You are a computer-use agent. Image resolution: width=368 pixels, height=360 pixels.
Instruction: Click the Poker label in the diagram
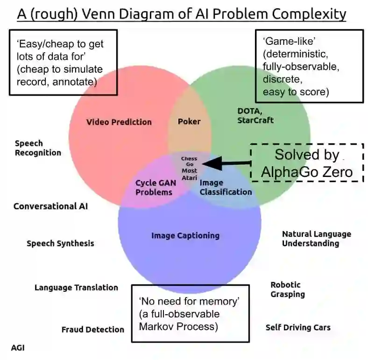pos(189,121)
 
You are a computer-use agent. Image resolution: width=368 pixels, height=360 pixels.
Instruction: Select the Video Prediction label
pos(119,122)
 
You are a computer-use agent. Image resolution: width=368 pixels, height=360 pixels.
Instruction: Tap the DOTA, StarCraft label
pos(255,115)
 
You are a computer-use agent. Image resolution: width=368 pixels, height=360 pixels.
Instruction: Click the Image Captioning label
pos(185,235)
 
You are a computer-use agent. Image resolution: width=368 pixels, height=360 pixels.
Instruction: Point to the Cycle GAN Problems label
pos(154,187)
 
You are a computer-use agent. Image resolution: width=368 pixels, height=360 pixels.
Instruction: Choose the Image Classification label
pos(226,187)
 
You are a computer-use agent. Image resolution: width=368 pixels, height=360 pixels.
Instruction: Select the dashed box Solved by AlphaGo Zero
pos(307,162)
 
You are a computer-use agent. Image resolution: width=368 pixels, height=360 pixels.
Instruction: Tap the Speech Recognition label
pos(38,148)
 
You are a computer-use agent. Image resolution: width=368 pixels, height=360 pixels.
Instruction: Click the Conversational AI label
pos(50,206)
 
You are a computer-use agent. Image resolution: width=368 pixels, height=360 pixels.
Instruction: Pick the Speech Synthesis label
pos(60,243)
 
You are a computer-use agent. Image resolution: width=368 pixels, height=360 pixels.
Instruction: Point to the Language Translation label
pos(76,288)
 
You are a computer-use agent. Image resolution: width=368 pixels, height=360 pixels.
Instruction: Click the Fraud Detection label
pos(93,330)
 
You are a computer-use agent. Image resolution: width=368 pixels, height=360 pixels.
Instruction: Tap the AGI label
pos(18,348)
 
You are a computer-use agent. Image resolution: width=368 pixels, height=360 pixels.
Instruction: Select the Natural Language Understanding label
pos(316,239)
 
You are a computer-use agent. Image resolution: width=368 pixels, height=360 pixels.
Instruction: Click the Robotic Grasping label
pos(287,289)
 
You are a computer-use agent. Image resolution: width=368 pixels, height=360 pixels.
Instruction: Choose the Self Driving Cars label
pos(298,327)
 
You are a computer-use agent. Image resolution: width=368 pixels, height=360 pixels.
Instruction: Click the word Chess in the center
pos(189,159)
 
